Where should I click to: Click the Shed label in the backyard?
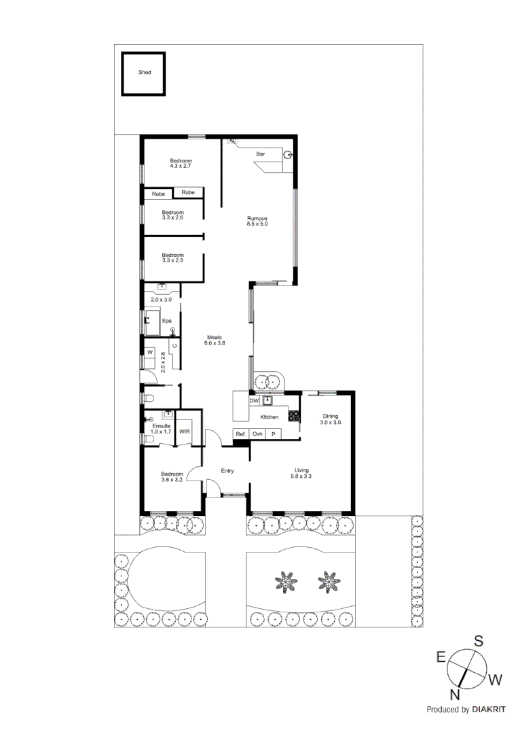[145, 72]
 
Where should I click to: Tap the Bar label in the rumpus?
[260, 155]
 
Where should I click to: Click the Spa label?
[166, 320]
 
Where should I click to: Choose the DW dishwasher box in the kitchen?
[255, 401]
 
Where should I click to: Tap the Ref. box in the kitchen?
[240, 434]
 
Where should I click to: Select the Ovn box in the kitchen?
[257, 434]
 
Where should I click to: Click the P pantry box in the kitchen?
[274, 434]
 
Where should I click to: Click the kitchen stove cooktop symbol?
[294, 415]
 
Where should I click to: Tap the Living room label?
[301, 470]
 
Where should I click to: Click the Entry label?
[227, 470]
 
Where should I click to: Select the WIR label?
[184, 432]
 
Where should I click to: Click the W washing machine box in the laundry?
[149, 353]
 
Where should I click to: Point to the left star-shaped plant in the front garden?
[286, 581]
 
